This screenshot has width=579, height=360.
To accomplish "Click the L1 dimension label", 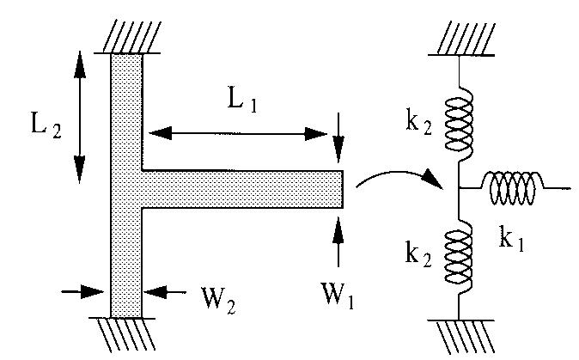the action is (x=242, y=100).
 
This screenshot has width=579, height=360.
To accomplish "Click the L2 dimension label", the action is (x=46, y=125).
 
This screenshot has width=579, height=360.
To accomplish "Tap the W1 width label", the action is (x=338, y=296).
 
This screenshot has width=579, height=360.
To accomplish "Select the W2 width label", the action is (x=218, y=300).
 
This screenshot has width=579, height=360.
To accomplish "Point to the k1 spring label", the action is (x=511, y=239).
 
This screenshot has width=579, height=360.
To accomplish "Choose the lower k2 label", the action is (x=418, y=254).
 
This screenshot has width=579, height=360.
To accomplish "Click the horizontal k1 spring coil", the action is (x=513, y=188).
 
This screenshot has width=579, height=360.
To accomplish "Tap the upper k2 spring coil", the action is (x=459, y=125).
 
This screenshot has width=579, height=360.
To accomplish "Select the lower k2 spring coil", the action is (x=458, y=257).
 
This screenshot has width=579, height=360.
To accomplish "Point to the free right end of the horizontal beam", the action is (x=343, y=189).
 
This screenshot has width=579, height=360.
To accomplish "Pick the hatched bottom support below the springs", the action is (x=461, y=337).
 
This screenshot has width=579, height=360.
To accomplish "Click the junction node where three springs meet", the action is (x=459, y=188).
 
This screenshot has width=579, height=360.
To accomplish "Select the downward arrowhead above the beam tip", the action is (x=338, y=149).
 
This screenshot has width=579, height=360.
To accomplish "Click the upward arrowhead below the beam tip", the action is (x=338, y=229).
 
